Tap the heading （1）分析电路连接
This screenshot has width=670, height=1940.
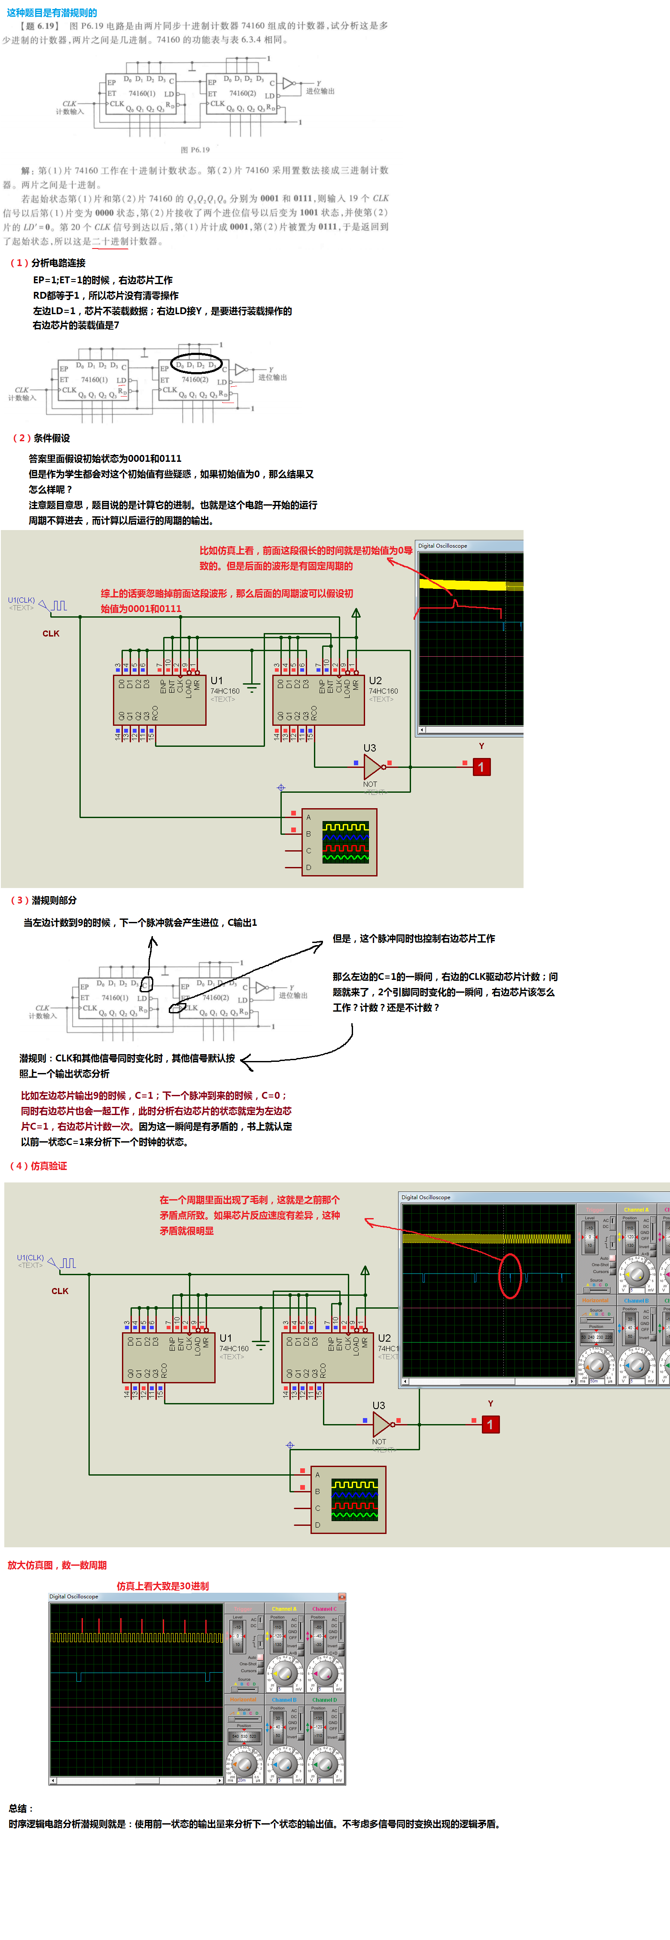48,263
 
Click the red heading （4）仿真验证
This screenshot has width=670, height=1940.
38,1166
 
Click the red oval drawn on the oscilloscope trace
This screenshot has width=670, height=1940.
510,1276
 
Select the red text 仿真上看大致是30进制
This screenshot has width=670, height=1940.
163,1586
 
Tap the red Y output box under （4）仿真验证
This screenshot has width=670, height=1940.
490,1424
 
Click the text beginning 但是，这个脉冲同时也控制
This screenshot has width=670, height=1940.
414,938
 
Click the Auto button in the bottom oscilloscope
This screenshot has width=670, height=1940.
252,1657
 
